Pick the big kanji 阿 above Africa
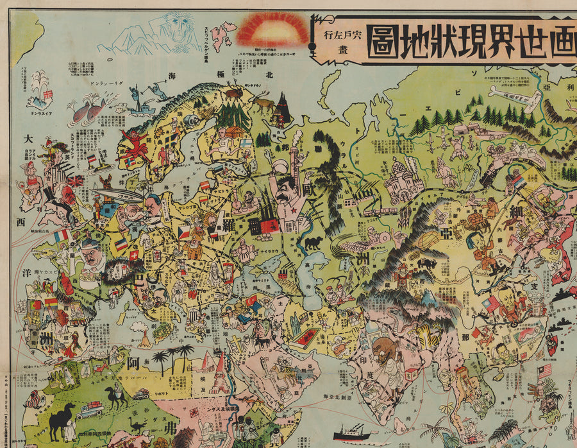(133, 365)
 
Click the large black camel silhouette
(62, 420)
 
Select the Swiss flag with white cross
(134, 255)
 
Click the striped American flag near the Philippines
(544, 371)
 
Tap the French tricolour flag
(61, 236)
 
